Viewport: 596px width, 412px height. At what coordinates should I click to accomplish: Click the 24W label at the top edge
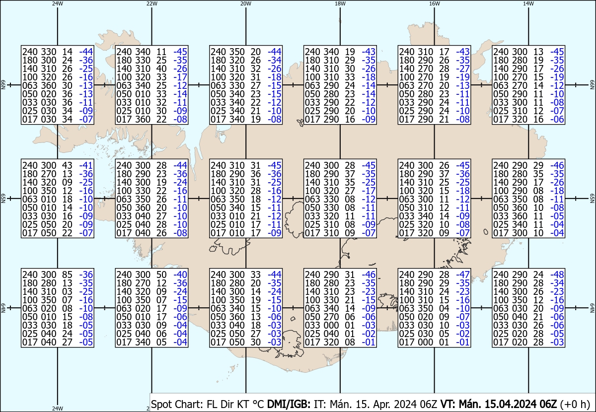58,3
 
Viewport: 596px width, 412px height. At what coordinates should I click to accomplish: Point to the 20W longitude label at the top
245,3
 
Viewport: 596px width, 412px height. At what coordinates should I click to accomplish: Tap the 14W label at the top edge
528,3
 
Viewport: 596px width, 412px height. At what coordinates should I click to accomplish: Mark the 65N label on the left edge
3,198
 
